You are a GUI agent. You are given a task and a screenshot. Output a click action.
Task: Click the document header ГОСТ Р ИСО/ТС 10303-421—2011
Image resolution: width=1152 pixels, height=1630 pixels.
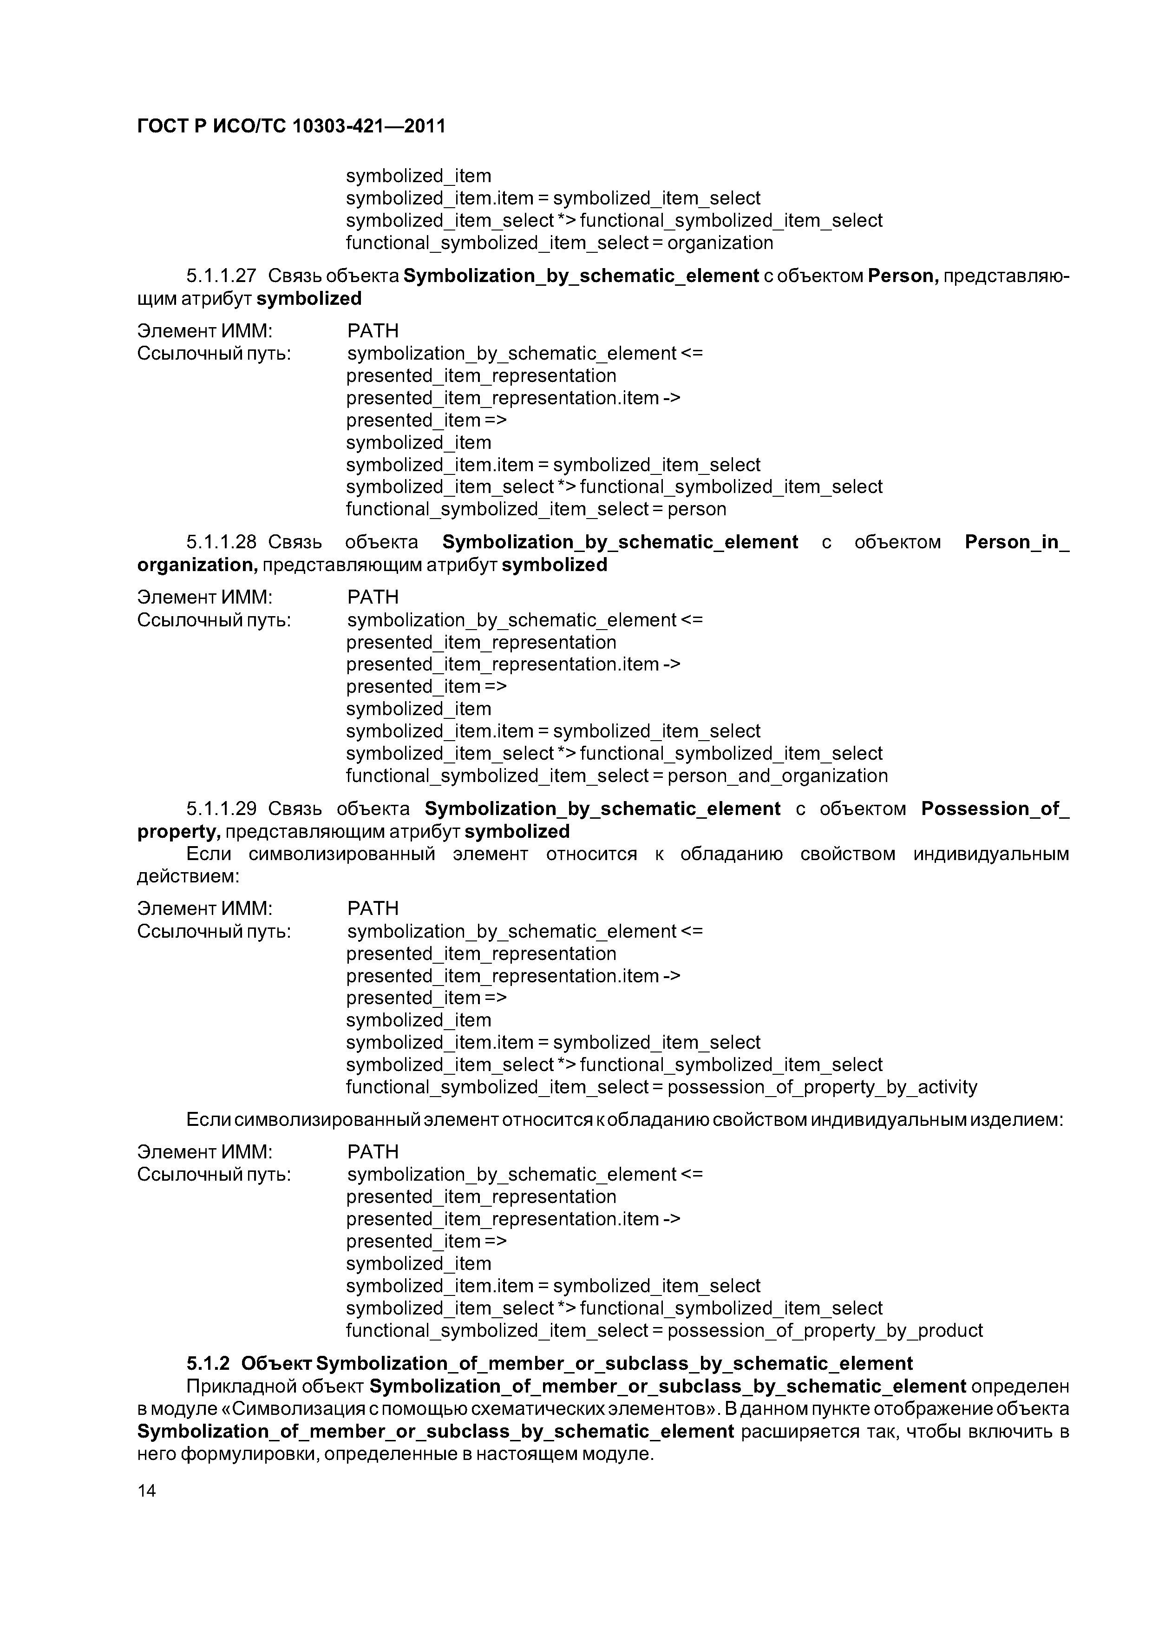tap(291, 126)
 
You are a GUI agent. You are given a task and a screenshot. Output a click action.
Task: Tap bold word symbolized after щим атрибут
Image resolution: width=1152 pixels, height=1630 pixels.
tap(309, 299)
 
